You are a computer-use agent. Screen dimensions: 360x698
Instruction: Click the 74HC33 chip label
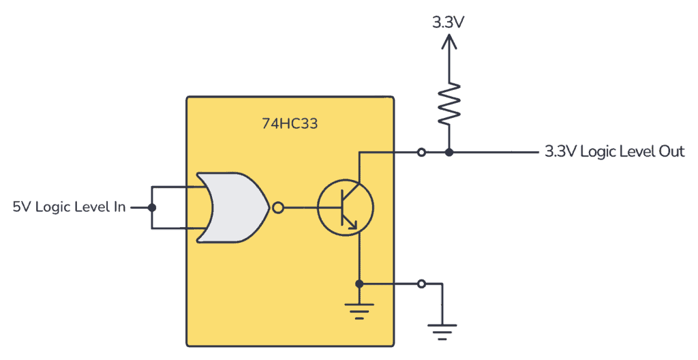290,124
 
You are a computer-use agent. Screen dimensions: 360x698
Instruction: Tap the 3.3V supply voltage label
448,21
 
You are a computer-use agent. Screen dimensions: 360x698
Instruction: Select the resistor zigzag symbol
449,103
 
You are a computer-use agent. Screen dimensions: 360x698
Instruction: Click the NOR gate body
232,207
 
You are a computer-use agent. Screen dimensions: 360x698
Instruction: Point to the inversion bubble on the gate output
277,207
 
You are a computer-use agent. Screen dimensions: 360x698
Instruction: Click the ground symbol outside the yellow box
442,330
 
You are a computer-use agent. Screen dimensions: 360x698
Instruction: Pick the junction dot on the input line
152,207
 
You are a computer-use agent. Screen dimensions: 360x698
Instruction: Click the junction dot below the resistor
449,152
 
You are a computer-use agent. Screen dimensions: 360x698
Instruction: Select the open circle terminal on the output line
422,152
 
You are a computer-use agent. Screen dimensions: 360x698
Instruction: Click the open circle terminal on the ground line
422,283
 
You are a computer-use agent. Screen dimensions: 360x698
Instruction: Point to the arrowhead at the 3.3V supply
448,42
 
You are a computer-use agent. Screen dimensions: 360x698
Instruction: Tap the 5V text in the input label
21,207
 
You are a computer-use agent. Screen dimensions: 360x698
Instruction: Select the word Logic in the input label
53,207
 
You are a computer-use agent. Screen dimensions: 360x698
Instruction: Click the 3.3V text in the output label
558,151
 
